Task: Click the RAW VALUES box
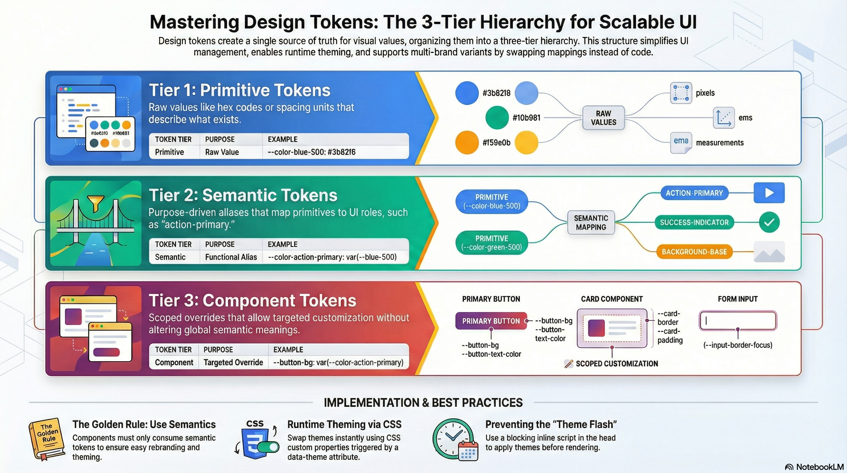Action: (x=603, y=118)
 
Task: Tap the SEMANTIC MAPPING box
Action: (x=591, y=223)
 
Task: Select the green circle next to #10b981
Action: (x=497, y=117)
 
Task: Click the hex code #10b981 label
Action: (x=526, y=118)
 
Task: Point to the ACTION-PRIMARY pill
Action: (x=694, y=193)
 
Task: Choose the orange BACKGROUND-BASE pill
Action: (x=694, y=252)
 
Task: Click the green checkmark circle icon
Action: (x=769, y=222)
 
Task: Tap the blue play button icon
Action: (x=769, y=193)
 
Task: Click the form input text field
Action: (x=737, y=321)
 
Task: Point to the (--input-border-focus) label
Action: (x=737, y=345)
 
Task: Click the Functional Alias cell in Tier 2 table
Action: (x=231, y=257)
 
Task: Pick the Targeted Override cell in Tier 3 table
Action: (x=233, y=362)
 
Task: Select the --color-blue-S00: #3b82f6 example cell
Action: (x=311, y=152)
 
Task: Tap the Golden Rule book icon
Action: (x=47, y=439)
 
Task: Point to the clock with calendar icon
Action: (x=456, y=439)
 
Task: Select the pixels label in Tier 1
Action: (x=705, y=93)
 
